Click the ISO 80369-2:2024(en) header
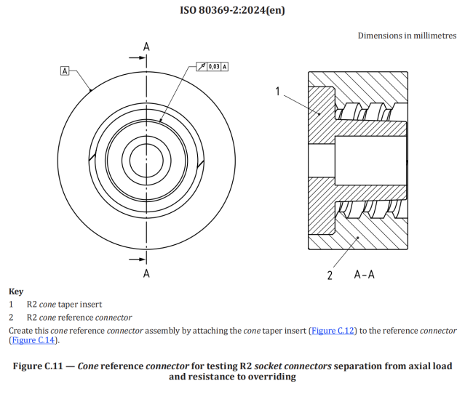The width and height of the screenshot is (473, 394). click(x=236, y=10)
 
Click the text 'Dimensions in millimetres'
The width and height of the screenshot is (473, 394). click(x=407, y=36)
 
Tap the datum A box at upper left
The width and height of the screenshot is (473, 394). click(x=65, y=71)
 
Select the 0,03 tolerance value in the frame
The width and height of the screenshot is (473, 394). click(x=214, y=66)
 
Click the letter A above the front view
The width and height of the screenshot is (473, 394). click(x=146, y=47)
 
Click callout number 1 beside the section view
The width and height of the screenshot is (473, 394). click(x=277, y=91)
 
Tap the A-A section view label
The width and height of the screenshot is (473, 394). click(x=365, y=275)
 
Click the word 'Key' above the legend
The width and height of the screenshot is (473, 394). click(x=15, y=291)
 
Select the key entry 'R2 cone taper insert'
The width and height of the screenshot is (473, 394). click(x=65, y=305)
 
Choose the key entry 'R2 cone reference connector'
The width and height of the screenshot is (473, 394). click(x=79, y=318)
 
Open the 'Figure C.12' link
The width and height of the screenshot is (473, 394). click(x=334, y=331)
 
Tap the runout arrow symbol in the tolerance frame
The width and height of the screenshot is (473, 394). click(x=201, y=66)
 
